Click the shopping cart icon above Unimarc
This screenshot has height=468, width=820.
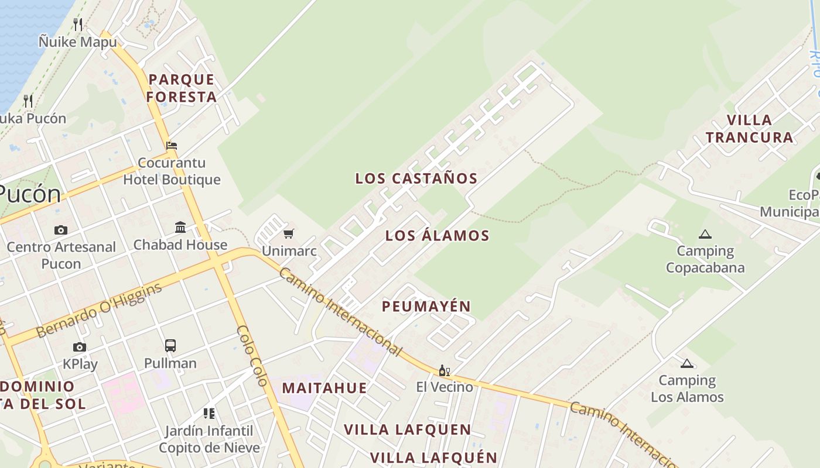288,234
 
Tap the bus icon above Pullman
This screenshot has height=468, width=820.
170,345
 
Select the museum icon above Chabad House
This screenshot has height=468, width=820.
180,227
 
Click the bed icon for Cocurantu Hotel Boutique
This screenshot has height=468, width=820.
172,145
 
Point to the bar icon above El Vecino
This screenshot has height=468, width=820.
445,370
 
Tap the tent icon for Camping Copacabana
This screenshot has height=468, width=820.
705,235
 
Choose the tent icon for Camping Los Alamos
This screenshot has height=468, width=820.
687,363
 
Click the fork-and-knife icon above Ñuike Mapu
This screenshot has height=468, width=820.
78,24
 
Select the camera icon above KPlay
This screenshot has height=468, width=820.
80,347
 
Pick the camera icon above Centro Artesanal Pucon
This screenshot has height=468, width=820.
61,230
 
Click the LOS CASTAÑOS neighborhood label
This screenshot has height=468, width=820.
416,178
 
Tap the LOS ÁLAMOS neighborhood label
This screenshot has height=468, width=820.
438,236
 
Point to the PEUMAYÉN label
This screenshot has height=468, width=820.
426,306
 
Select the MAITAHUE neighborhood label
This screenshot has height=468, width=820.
324,388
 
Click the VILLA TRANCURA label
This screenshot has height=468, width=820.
750,129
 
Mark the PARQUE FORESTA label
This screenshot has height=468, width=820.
182,88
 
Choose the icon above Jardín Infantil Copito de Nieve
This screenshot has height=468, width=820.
209,414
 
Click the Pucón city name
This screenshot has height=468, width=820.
29,194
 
